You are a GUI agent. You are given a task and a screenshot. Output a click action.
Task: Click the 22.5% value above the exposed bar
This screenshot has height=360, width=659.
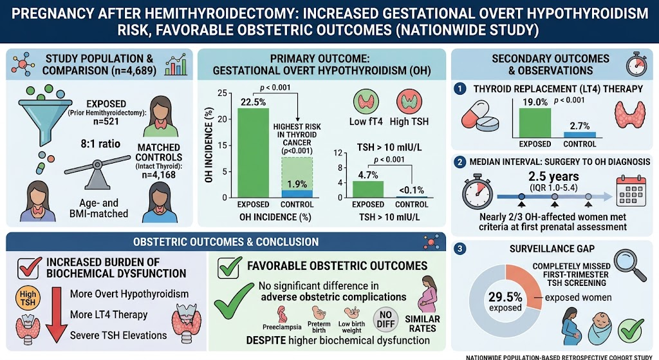[x=253, y=102]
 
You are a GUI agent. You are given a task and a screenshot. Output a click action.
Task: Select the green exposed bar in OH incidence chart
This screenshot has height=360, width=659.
[x=253, y=153]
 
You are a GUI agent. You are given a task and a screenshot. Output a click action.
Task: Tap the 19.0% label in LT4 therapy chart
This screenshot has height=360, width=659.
[x=535, y=102]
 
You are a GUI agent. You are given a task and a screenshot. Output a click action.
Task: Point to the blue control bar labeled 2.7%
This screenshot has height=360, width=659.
[x=580, y=135]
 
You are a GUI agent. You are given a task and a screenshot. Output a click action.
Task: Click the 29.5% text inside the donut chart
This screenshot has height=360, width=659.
[x=505, y=298]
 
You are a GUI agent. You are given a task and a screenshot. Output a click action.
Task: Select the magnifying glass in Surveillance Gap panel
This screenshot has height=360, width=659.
[x=629, y=265]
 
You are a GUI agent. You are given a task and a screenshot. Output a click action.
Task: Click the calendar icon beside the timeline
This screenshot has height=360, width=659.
[x=631, y=191]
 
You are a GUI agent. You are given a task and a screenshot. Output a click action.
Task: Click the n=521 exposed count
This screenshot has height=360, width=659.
[x=106, y=122]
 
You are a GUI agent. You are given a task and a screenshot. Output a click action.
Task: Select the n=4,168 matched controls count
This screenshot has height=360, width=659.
[x=158, y=175]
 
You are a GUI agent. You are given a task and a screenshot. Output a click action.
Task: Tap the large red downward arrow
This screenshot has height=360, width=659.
[x=57, y=314]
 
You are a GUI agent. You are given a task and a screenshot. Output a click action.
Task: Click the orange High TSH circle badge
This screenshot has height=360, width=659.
[x=28, y=298]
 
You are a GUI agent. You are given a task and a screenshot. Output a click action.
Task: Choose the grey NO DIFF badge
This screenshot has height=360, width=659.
[x=386, y=318]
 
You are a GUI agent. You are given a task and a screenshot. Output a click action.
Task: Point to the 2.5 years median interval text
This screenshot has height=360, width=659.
[x=553, y=176]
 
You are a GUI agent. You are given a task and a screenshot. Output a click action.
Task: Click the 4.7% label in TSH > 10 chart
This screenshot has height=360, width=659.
[x=368, y=175]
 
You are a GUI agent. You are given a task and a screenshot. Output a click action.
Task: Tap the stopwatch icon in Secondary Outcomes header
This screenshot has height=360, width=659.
[x=636, y=64]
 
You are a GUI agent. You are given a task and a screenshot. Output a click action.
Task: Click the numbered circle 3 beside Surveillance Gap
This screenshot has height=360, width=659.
[x=459, y=249]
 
